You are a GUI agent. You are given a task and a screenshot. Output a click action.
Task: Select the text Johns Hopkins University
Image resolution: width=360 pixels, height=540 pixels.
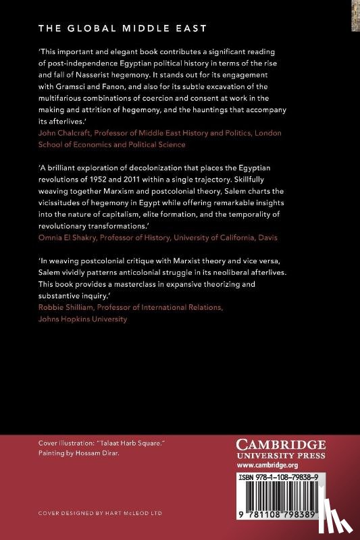point(78,320)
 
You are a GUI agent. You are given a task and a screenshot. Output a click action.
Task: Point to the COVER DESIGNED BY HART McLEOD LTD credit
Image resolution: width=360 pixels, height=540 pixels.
point(105,513)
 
